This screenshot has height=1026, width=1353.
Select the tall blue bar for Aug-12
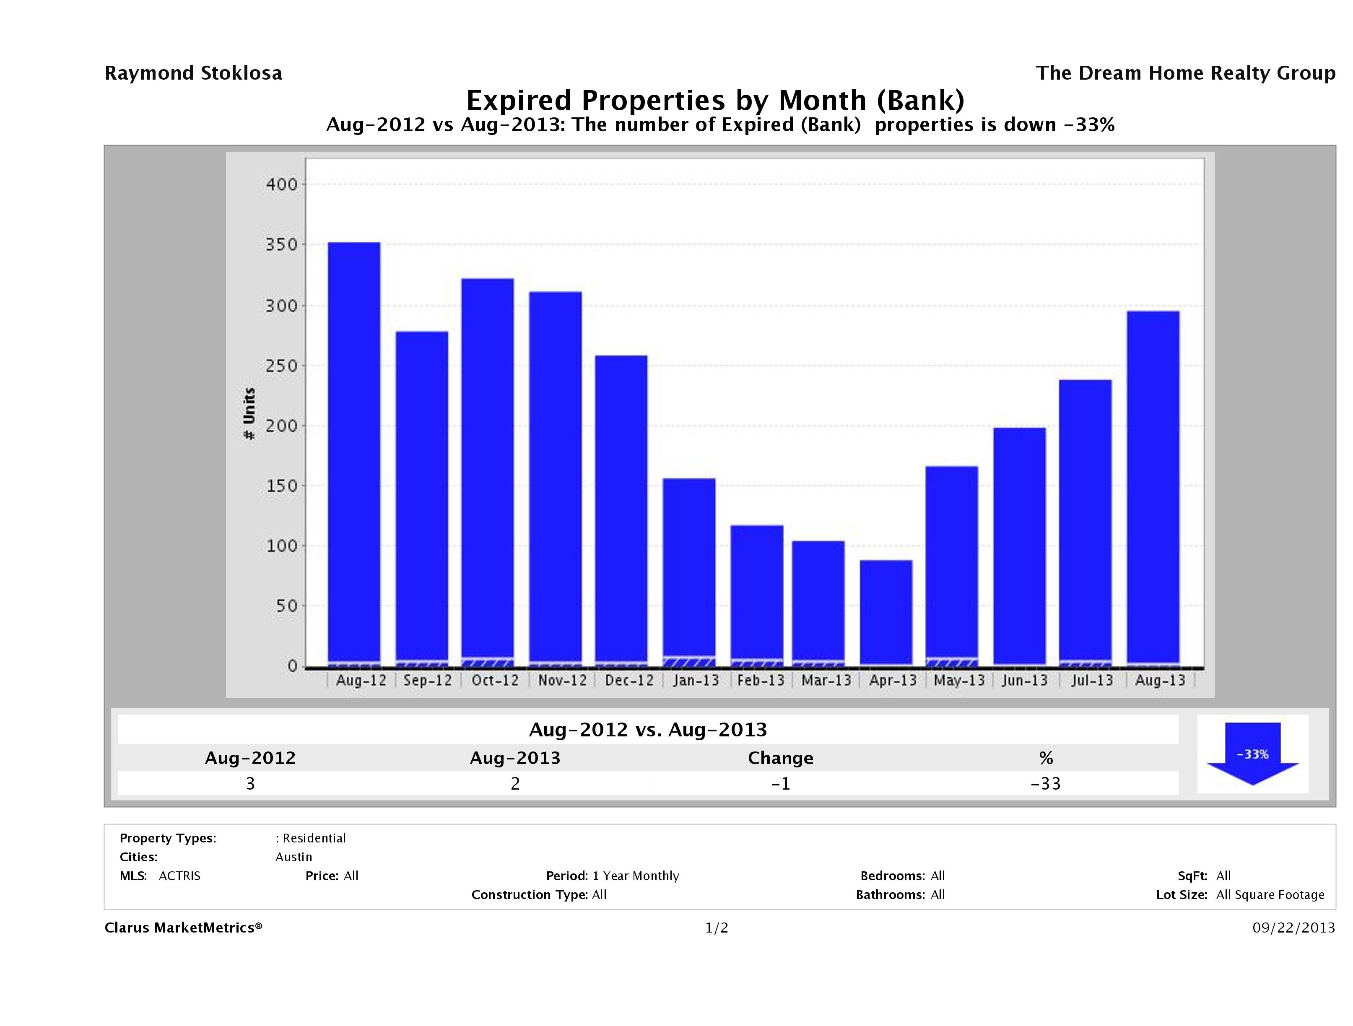pyautogui.click(x=354, y=453)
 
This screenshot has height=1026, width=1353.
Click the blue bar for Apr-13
pyautogui.click(x=886, y=611)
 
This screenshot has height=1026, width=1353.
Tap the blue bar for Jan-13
pyautogui.click(x=689, y=569)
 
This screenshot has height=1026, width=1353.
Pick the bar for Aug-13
pyautogui.click(x=1153, y=486)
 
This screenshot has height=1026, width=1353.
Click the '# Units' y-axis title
pyautogui.click(x=249, y=413)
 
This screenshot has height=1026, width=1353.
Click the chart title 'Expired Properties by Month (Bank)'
pyautogui.click(x=715, y=100)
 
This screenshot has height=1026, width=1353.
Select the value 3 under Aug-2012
pyautogui.click(x=250, y=783)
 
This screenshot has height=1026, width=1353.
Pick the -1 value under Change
pyautogui.click(x=781, y=783)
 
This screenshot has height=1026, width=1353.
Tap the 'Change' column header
pyautogui.click(x=781, y=758)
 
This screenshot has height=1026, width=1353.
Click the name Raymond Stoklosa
pyautogui.click(x=193, y=73)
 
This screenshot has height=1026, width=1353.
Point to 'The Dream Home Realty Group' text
pyautogui.click(x=1185, y=73)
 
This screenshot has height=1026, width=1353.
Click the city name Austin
pyautogui.click(x=293, y=857)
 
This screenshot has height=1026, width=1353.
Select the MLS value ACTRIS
pyautogui.click(x=179, y=876)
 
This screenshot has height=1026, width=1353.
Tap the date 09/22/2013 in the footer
pyautogui.click(x=1293, y=928)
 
